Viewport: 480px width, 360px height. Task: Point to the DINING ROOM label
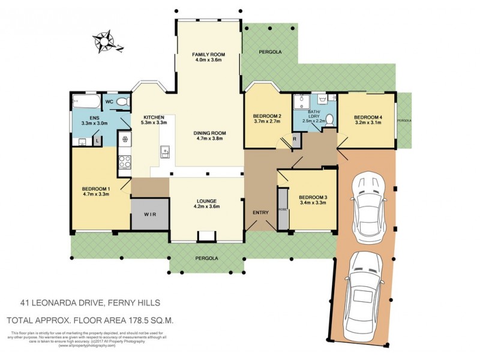point(209,135)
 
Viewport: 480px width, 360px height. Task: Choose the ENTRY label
point(259,213)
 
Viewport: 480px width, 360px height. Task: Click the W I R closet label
point(150,214)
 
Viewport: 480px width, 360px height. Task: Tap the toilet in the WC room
point(123,102)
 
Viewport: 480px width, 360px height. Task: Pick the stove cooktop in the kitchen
point(125,161)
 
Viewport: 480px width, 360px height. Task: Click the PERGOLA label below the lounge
point(206,258)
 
